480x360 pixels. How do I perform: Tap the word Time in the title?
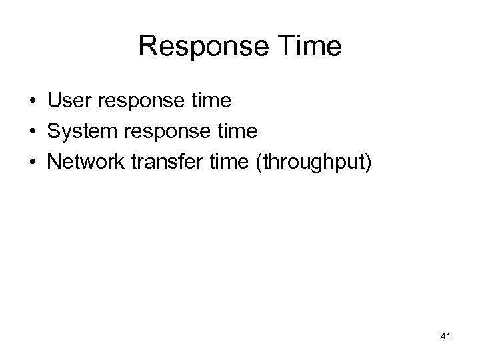[311, 47]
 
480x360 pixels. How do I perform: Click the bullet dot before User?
[32, 101]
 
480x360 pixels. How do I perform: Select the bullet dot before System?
[32, 132]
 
